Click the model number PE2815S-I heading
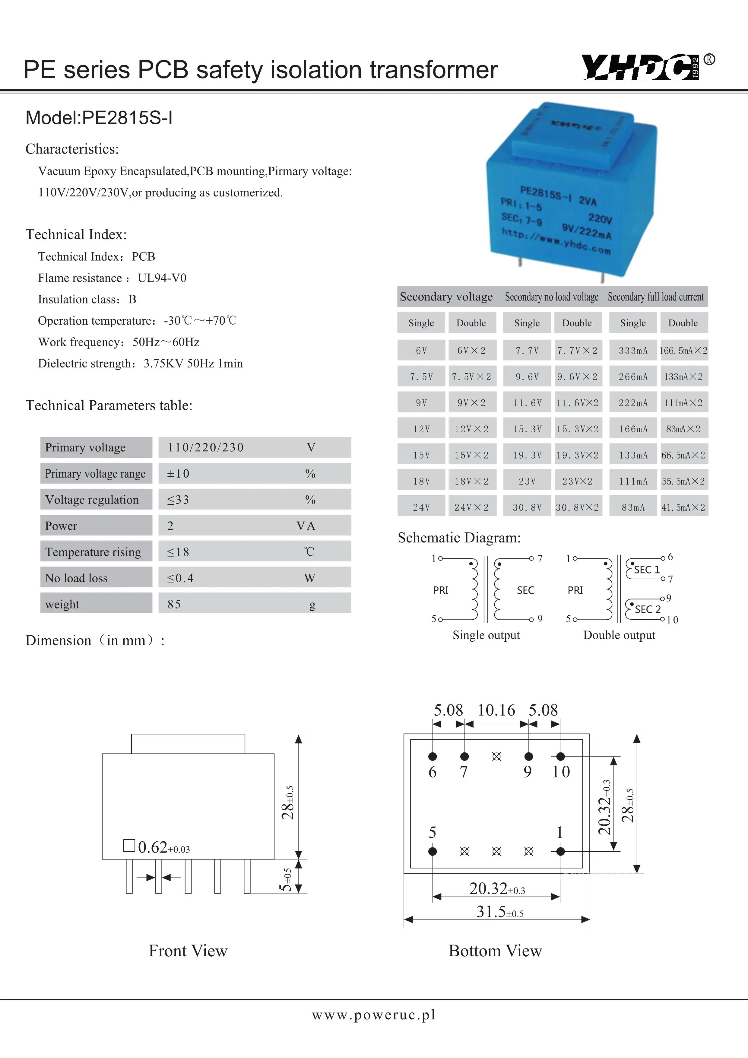(x=99, y=118)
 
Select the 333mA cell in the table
(x=633, y=351)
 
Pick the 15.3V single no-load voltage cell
(x=527, y=429)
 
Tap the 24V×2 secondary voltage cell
(x=471, y=507)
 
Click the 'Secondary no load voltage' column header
(x=551, y=297)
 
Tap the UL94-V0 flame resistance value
(x=162, y=278)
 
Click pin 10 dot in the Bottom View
(x=560, y=756)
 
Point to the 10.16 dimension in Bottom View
(x=496, y=710)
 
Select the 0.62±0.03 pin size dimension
(x=163, y=847)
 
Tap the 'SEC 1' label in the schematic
(x=647, y=570)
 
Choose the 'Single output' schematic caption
(x=486, y=635)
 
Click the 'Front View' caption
(x=188, y=951)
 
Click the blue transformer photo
(x=571, y=189)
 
